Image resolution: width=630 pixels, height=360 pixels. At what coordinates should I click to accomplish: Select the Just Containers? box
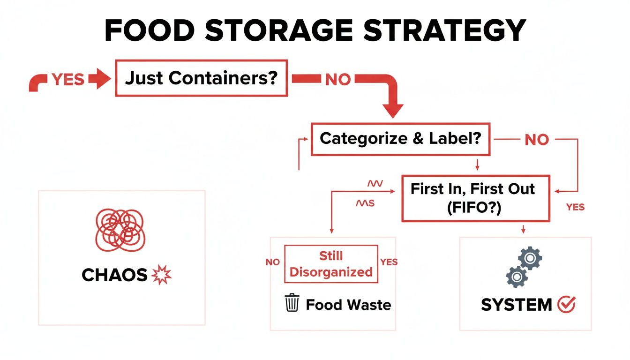pyautogui.click(x=201, y=78)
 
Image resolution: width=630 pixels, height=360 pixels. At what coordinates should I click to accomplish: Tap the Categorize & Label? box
pyautogui.click(x=400, y=139)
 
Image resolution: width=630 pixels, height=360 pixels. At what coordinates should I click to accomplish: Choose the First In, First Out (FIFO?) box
pyautogui.click(x=475, y=198)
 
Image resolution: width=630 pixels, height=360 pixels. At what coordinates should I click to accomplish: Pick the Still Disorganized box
pyautogui.click(x=331, y=264)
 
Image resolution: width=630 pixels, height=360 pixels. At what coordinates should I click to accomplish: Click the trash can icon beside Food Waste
pyautogui.click(x=292, y=303)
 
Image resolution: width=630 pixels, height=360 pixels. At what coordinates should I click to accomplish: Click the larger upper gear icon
pyautogui.click(x=530, y=258)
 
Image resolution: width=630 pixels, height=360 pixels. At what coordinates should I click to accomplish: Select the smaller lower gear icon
pyautogui.click(x=517, y=277)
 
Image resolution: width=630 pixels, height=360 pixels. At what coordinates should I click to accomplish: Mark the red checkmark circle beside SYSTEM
pyautogui.click(x=566, y=305)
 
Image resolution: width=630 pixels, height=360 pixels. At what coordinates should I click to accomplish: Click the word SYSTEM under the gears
pyautogui.click(x=517, y=305)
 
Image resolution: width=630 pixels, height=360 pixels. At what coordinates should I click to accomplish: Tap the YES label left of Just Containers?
pyautogui.click(x=68, y=80)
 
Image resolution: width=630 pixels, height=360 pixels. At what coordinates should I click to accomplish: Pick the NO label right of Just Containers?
pyautogui.click(x=337, y=80)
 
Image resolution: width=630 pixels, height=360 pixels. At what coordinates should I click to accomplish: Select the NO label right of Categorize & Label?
pyautogui.click(x=536, y=139)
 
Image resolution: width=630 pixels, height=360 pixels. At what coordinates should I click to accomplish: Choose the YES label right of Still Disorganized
pyautogui.click(x=389, y=262)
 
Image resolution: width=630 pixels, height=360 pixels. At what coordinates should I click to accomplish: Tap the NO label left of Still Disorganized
pyautogui.click(x=272, y=262)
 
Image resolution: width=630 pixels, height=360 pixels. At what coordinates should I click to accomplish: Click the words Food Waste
pyautogui.click(x=348, y=305)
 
